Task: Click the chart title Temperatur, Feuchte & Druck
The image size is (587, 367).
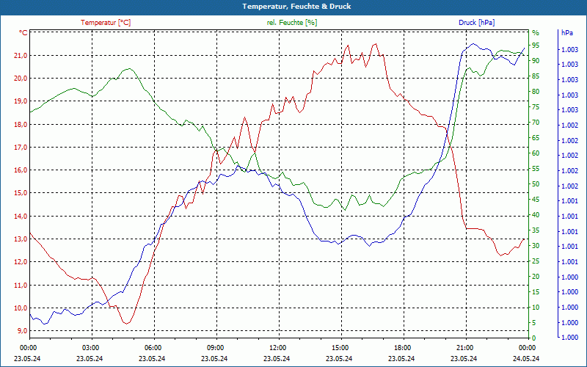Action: pos(293,6)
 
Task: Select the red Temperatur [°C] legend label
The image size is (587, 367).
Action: pos(106,23)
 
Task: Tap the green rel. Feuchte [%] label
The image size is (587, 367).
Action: pos(291,23)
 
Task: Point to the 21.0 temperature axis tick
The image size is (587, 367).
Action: pos(21,55)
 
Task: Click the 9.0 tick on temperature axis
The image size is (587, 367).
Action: pos(22,331)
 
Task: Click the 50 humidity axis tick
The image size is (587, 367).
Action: pos(536,184)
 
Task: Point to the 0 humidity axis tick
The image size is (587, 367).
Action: pos(533,338)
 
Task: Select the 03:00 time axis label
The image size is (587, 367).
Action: pos(90,347)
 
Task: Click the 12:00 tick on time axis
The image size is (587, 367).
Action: pos(277,347)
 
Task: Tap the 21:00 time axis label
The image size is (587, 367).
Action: pos(464,347)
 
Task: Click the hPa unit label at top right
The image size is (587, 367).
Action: pos(567,33)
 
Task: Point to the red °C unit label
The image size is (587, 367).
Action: pos(23,33)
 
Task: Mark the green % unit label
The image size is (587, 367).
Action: pos(535,33)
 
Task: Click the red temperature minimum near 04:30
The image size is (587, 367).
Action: pos(126,323)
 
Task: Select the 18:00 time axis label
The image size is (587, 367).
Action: pos(402,347)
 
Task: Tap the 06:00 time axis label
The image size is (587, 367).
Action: pos(153,347)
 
